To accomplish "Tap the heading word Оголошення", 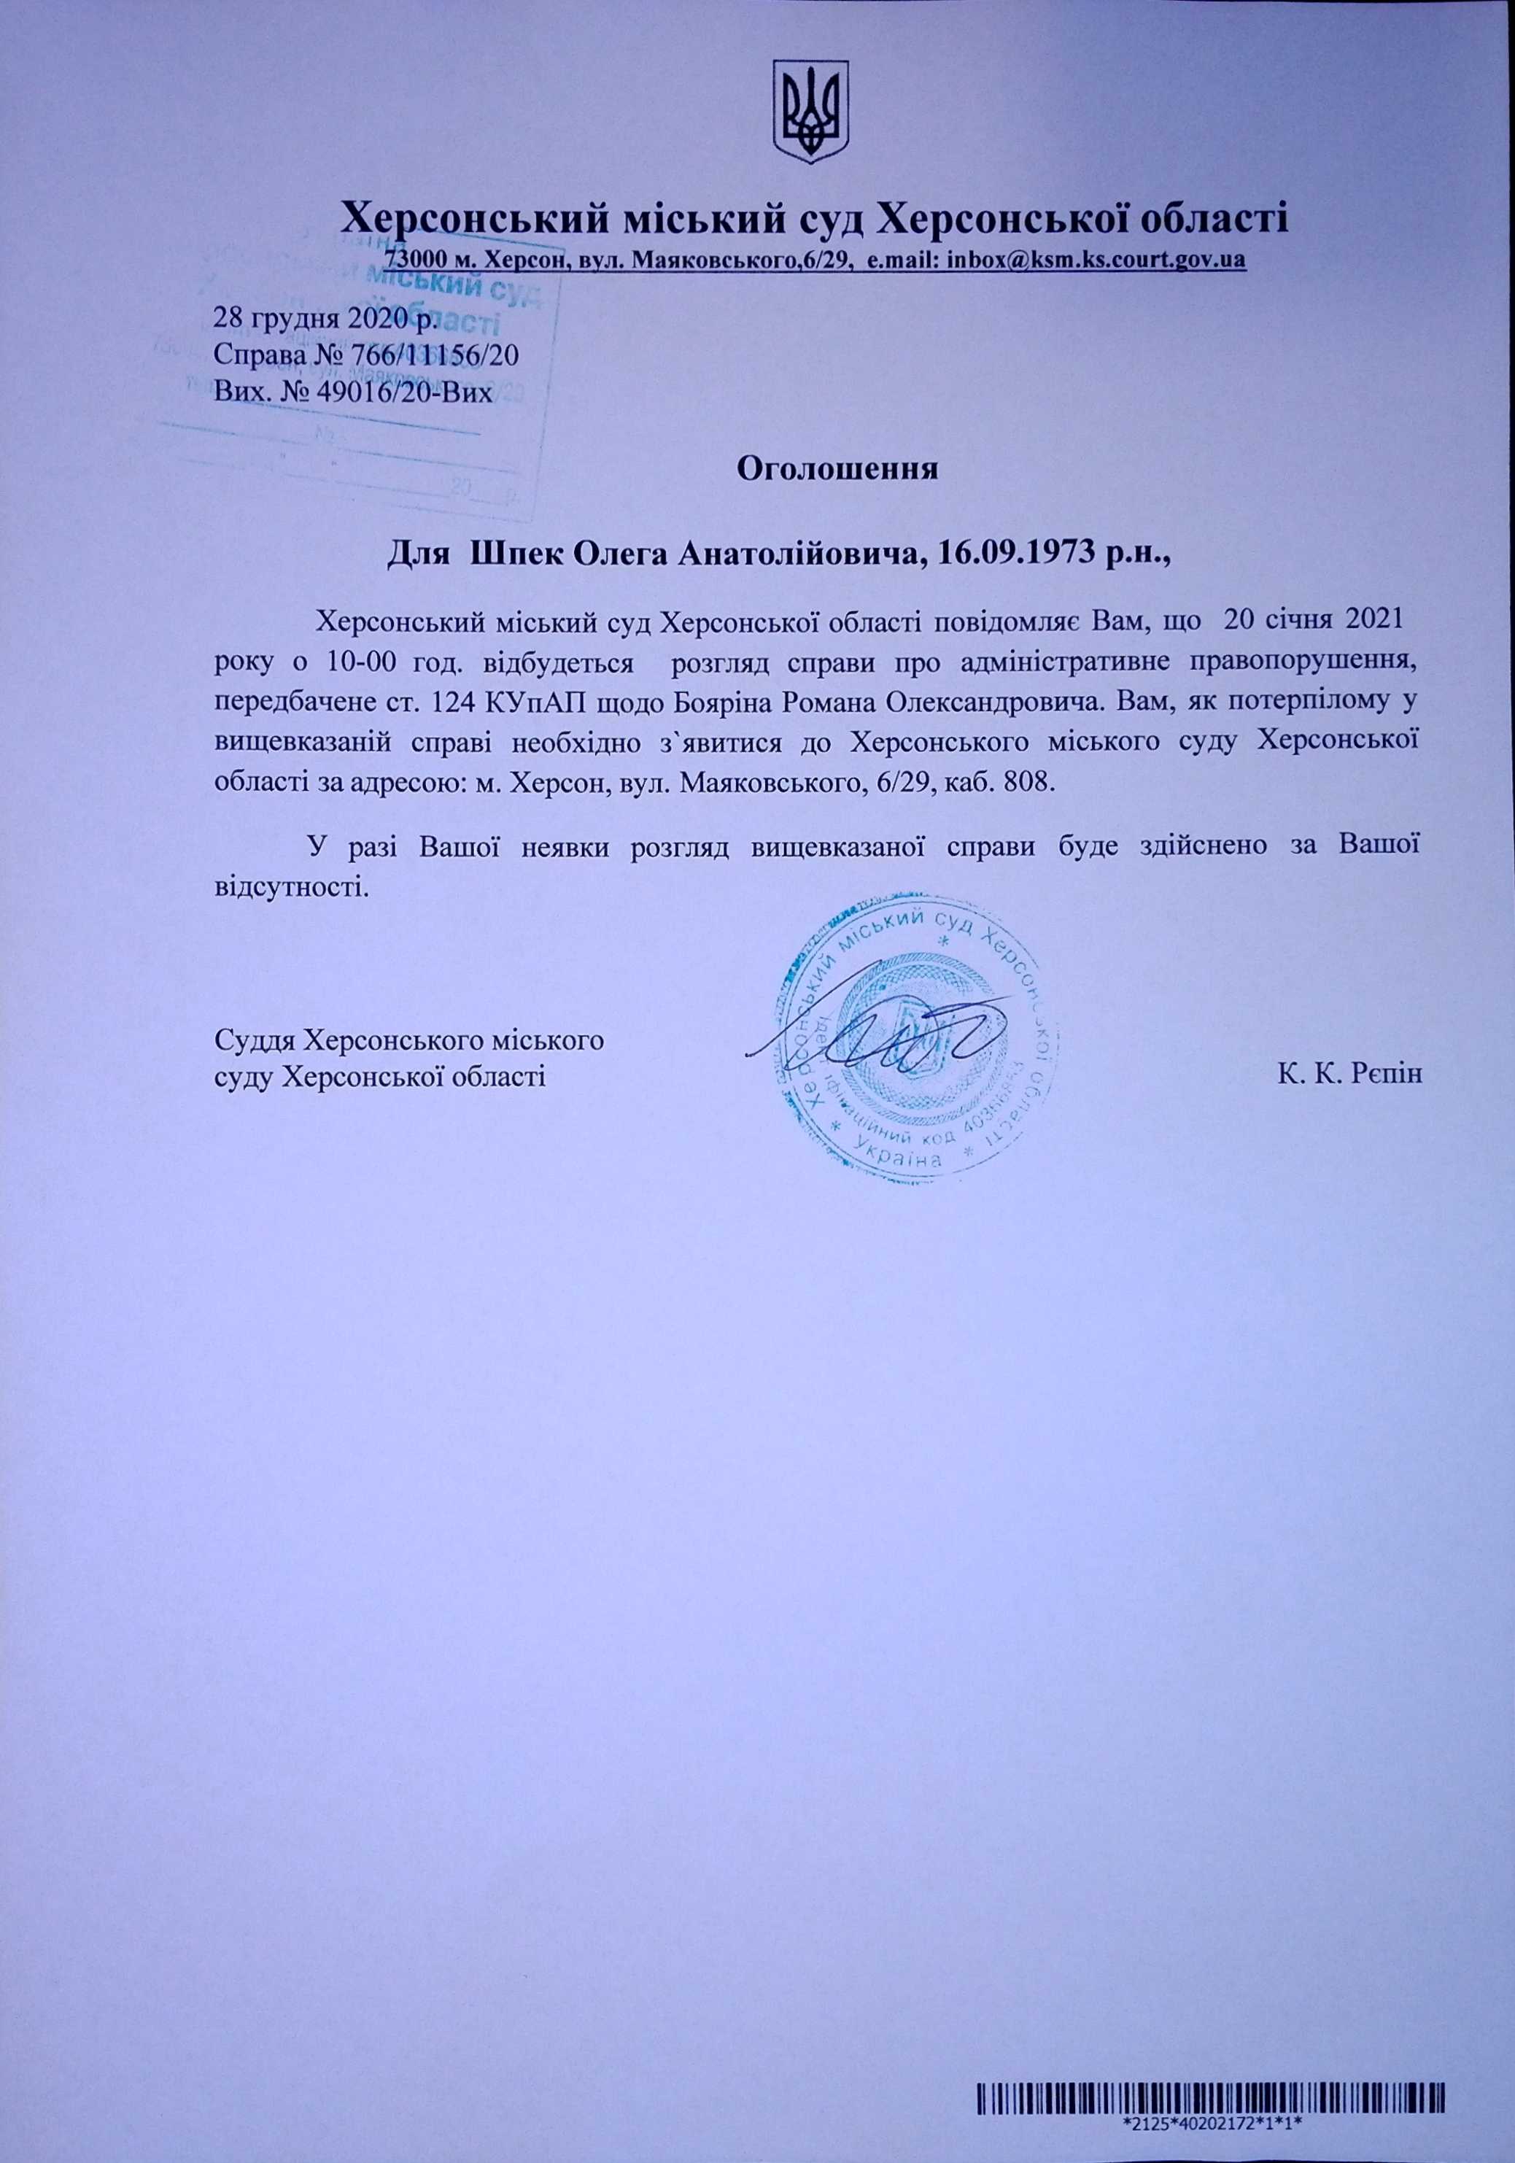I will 837,468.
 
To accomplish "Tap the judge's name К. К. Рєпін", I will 1349,1073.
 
